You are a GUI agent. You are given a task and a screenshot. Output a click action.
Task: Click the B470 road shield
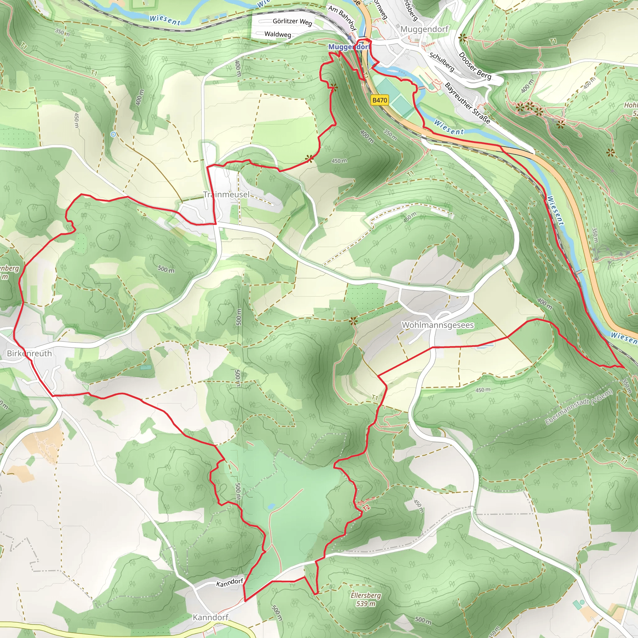(x=379, y=100)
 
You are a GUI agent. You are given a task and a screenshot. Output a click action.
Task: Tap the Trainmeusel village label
(x=226, y=194)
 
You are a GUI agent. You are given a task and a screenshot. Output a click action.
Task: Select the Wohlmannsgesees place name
(x=438, y=325)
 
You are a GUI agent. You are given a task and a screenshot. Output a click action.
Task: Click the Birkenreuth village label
(x=29, y=353)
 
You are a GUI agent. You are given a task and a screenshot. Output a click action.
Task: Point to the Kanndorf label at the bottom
(x=210, y=617)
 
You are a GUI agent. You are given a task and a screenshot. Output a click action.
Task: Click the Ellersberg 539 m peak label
(x=365, y=599)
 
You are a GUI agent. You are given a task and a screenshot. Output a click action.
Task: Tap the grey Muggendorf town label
(x=424, y=29)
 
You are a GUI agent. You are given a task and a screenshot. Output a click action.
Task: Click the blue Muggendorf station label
(x=349, y=47)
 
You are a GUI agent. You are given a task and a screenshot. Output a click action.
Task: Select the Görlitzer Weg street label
(x=292, y=22)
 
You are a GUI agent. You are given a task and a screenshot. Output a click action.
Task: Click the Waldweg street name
(x=278, y=34)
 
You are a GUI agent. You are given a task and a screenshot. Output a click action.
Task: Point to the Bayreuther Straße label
(x=467, y=103)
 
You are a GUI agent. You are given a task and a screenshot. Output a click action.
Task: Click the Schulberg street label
(x=441, y=61)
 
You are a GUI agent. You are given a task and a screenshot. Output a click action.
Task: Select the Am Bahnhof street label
(x=342, y=18)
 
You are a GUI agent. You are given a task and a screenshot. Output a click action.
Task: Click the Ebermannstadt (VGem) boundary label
(x=578, y=407)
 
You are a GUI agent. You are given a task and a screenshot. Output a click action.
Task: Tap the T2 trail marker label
(x=366, y=508)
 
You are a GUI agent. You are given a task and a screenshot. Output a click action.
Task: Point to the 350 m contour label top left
(x=62, y=33)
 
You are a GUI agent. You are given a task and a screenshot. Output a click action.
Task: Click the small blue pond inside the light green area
(x=271, y=506)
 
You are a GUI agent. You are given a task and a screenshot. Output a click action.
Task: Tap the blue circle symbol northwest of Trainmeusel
(x=113, y=134)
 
